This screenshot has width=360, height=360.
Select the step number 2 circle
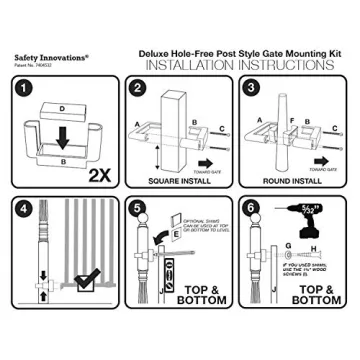pyautogui.click(x=138, y=90)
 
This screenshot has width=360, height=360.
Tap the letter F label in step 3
pyautogui.click(x=289, y=121)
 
